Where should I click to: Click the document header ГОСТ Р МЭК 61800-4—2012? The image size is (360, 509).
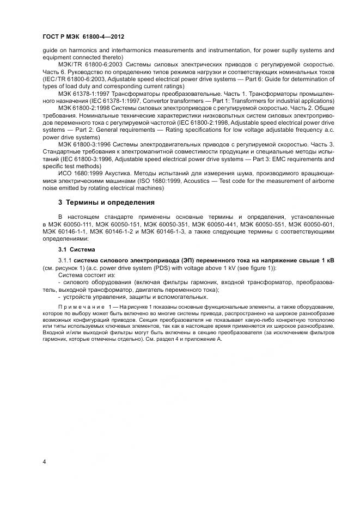pos(83,37)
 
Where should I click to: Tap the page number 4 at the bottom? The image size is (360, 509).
pos(44,462)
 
